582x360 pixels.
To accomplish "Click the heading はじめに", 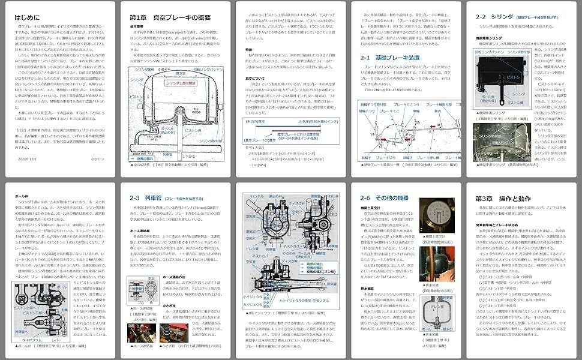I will coord(28,17).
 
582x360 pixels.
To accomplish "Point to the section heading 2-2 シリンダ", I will coord(495,17).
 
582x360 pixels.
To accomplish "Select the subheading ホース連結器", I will coord(142,229).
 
